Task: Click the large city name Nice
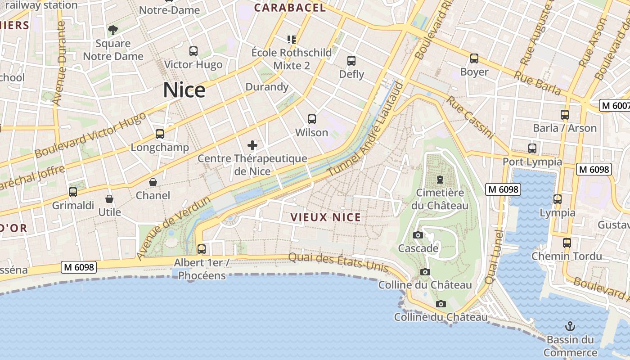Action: click(x=184, y=90)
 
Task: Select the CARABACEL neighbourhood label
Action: click(x=290, y=8)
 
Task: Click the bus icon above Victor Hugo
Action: click(x=193, y=51)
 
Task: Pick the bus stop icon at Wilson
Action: click(x=311, y=119)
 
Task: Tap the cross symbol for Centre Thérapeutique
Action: click(x=252, y=145)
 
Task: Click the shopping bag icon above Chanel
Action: click(x=153, y=182)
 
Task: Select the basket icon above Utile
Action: click(x=109, y=199)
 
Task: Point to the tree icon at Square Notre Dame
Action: click(x=112, y=30)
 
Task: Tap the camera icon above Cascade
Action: click(x=418, y=235)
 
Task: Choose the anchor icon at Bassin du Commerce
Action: click(x=570, y=326)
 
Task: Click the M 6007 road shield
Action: click(x=615, y=106)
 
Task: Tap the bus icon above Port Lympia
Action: click(x=532, y=148)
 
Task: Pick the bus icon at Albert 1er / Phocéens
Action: click(x=202, y=249)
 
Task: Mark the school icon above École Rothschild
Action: click(x=292, y=40)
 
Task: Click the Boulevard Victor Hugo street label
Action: click(x=90, y=135)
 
